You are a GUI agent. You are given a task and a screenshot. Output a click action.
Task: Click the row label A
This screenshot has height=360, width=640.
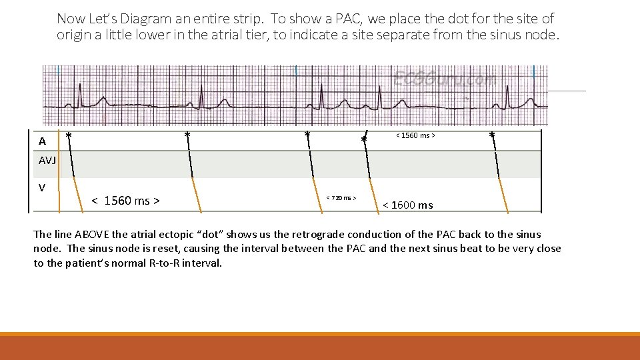coord(42,141)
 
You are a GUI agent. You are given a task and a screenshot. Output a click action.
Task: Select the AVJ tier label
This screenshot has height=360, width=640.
coord(47,161)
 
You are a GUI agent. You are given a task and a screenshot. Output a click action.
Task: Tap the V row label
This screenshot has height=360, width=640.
coord(42,188)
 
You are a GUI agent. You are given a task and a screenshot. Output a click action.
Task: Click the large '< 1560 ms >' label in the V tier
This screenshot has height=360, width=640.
coord(126,201)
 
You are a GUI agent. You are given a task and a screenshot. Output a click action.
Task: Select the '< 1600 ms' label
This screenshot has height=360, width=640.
coord(407,205)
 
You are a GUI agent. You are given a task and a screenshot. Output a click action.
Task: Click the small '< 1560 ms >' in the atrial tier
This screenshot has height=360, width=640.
coord(415,136)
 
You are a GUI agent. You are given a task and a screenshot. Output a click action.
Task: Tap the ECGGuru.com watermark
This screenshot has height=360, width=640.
coord(445,79)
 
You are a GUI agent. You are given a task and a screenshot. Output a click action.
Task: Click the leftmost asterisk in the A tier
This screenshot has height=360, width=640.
coord(69,136)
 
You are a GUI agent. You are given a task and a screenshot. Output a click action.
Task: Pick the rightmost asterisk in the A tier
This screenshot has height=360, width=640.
coord(492,136)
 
